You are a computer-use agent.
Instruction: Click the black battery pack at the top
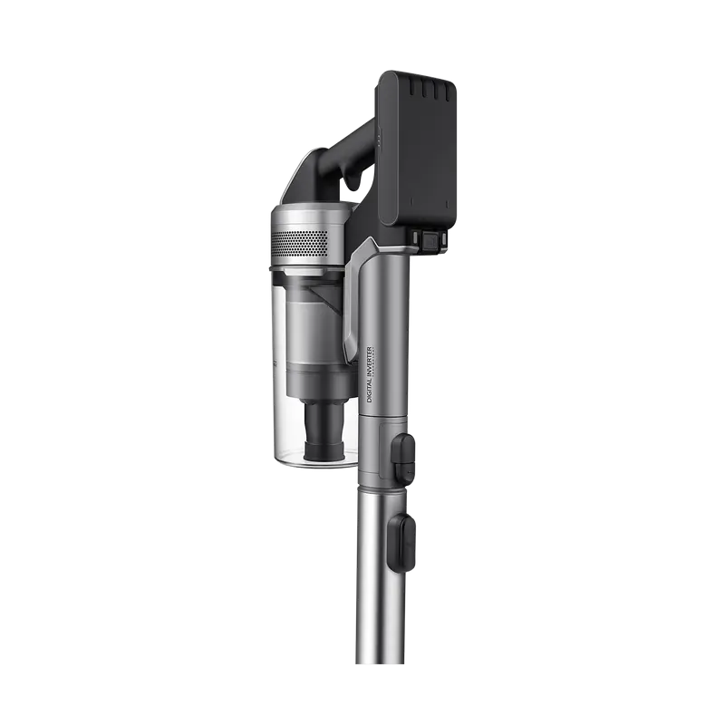[418, 150]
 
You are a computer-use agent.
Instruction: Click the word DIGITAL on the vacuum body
[371, 391]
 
